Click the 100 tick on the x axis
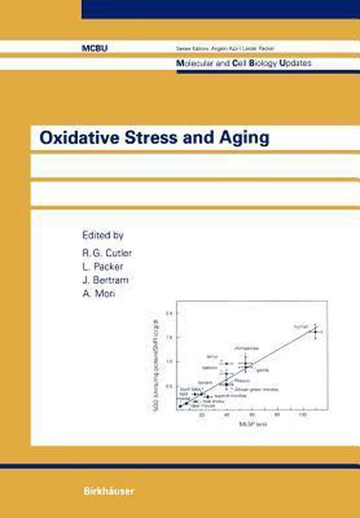click(x=303, y=415)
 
